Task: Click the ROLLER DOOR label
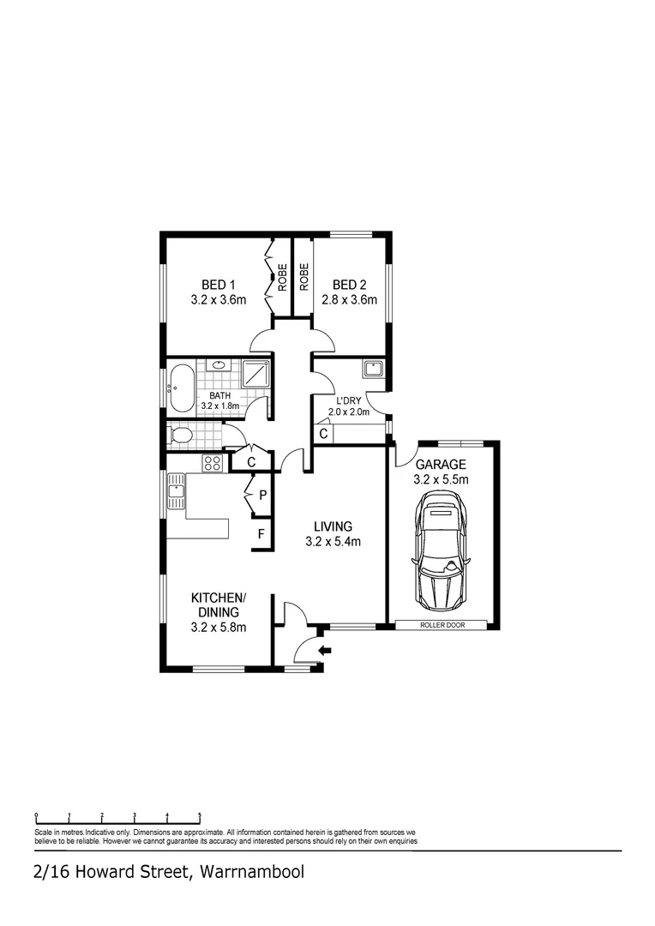(442, 625)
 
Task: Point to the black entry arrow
(325, 651)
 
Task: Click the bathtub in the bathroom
(182, 388)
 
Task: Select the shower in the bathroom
(255, 375)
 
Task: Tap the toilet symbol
(180, 436)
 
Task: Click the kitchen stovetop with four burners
(213, 463)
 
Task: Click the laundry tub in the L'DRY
(372, 370)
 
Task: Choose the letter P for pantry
(262, 496)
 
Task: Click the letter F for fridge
(262, 535)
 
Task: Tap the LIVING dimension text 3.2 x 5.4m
(333, 541)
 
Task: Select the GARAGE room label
(441, 464)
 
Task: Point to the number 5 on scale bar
(200, 815)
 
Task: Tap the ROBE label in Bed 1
(281, 278)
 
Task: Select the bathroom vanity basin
(219, 365)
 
